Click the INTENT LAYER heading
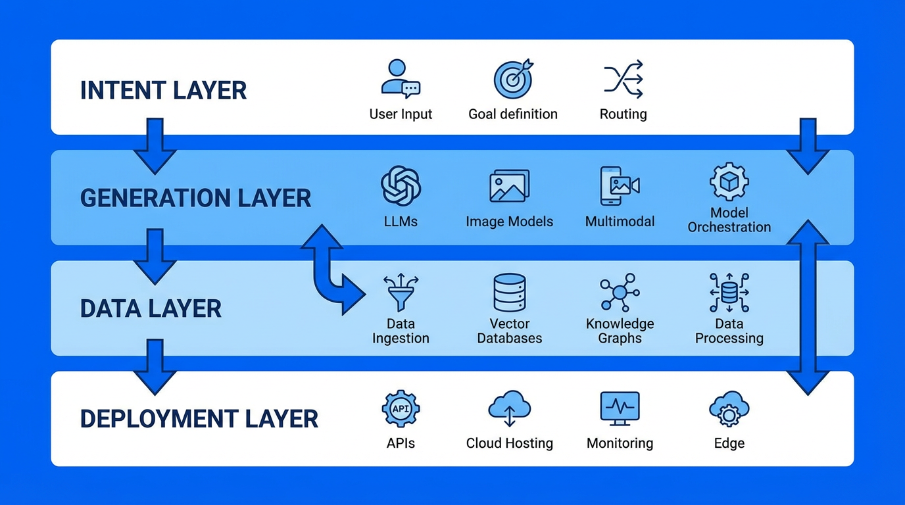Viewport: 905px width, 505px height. pyautogui.click(x=163, y=90)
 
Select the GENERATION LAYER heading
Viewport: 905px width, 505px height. pyautogui.click(x=195, y=198)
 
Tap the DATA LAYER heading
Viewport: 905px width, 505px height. pyautogui.click(x=151, y=308)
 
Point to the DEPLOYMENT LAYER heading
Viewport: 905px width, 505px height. pyautogui.click(x=199, y=419)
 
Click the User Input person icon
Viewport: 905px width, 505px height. pyautogui.click(x=400, y=79)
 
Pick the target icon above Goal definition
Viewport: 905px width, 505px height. pyautogui.click(x=513, y=79)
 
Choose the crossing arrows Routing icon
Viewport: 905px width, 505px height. pyautogui.click(x=623, y=79)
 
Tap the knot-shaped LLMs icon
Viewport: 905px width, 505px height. pyautogui.click(x=401, y=185)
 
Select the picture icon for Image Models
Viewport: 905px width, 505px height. pyautogui.click(x=509, y=186)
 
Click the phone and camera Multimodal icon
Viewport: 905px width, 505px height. pyautogui.click(x=619, y=185)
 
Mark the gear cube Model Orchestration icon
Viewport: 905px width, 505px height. pyautogui.click(x=729, y=182)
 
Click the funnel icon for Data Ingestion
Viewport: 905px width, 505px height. pyautogui.click(x=401, y=293)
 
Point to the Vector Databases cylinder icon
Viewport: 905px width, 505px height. pyautogui.click(x=510, y=293)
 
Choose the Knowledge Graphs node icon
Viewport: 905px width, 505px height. pyautogui.click(x=619, y=293)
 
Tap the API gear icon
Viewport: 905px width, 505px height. pyautogui.click(x=401, y=409)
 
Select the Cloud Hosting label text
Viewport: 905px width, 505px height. pyautogui.click(x=510, y=443)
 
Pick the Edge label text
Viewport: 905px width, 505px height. pyautogui.click(x=729, y=443)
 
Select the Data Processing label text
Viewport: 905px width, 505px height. pyautogui.click(x=729, y=331)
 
